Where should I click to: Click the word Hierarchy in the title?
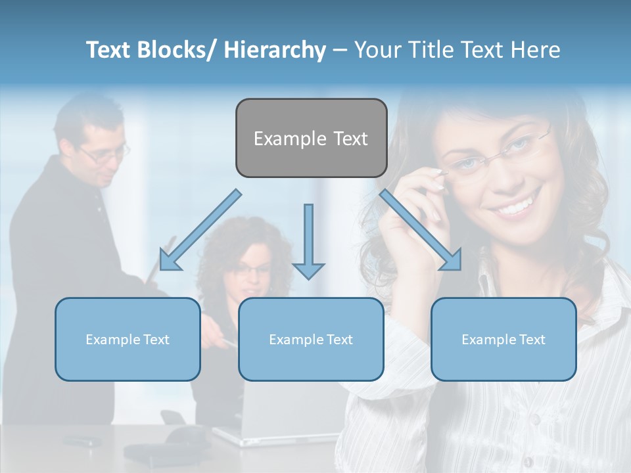click(275, 51)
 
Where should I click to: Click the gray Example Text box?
click(311, 138)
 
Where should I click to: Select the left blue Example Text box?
click(128, 339)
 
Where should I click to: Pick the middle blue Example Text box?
click(311, 339)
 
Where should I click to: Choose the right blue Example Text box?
click(503, 339)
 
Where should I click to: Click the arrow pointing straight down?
click(308, 243)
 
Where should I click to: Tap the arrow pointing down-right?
click(421, 230)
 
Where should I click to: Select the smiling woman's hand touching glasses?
click(421, 197)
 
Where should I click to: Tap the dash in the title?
click(340, 51)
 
